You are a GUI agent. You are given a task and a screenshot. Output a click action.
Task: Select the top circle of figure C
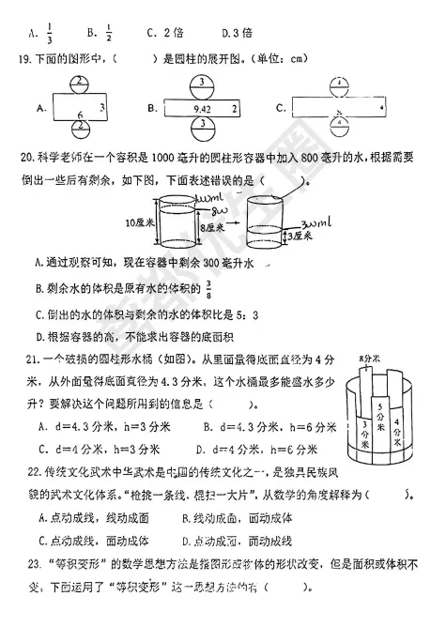point(337,83)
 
